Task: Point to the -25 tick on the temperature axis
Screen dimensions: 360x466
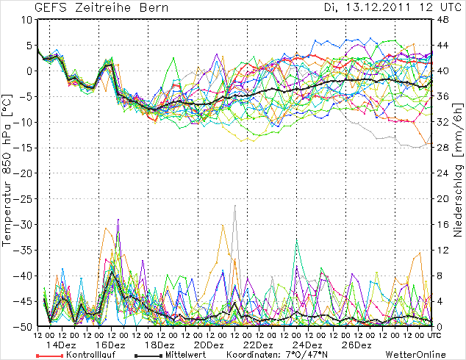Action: (x=24, y=199)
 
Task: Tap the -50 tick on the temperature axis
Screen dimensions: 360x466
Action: (x=24, y=327)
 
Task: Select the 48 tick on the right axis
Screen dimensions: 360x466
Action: (x=443, y=20)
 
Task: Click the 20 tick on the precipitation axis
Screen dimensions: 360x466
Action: (x=443, y=199)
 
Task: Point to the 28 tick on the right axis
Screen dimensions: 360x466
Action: (x=443, y=148)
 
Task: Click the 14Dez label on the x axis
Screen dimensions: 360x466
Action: (x=62, y=345)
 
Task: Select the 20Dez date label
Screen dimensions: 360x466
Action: (x=209, y=345)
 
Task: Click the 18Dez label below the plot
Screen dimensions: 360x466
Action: (x=160, y=345)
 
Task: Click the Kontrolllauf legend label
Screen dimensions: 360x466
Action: (x=87, y=355)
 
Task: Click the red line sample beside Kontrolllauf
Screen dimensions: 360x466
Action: (x=49, y=356)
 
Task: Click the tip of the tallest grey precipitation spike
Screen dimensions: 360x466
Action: (x=235, y=206)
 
